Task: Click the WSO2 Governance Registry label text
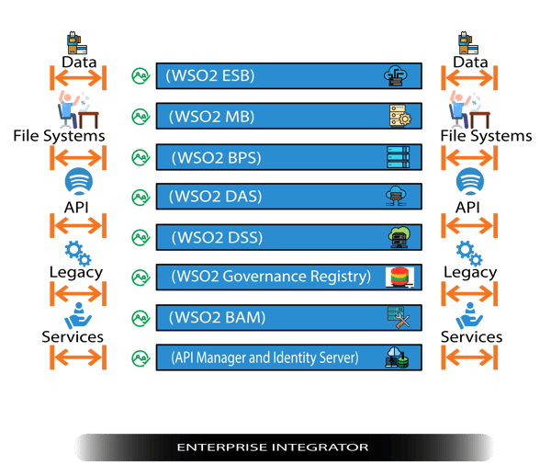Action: [270, 276]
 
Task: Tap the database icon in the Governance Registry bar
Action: [399, 277]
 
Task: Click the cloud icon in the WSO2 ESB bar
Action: [397, 76]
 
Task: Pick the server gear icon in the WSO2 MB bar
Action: [399, 117]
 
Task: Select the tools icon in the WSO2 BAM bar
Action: [399, 318]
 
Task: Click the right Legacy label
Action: [469, 272]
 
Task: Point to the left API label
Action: [78, 208]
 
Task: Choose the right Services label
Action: [471, 336]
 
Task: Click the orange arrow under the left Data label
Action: [78, 80]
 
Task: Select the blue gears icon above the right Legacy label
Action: [469, 251]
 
